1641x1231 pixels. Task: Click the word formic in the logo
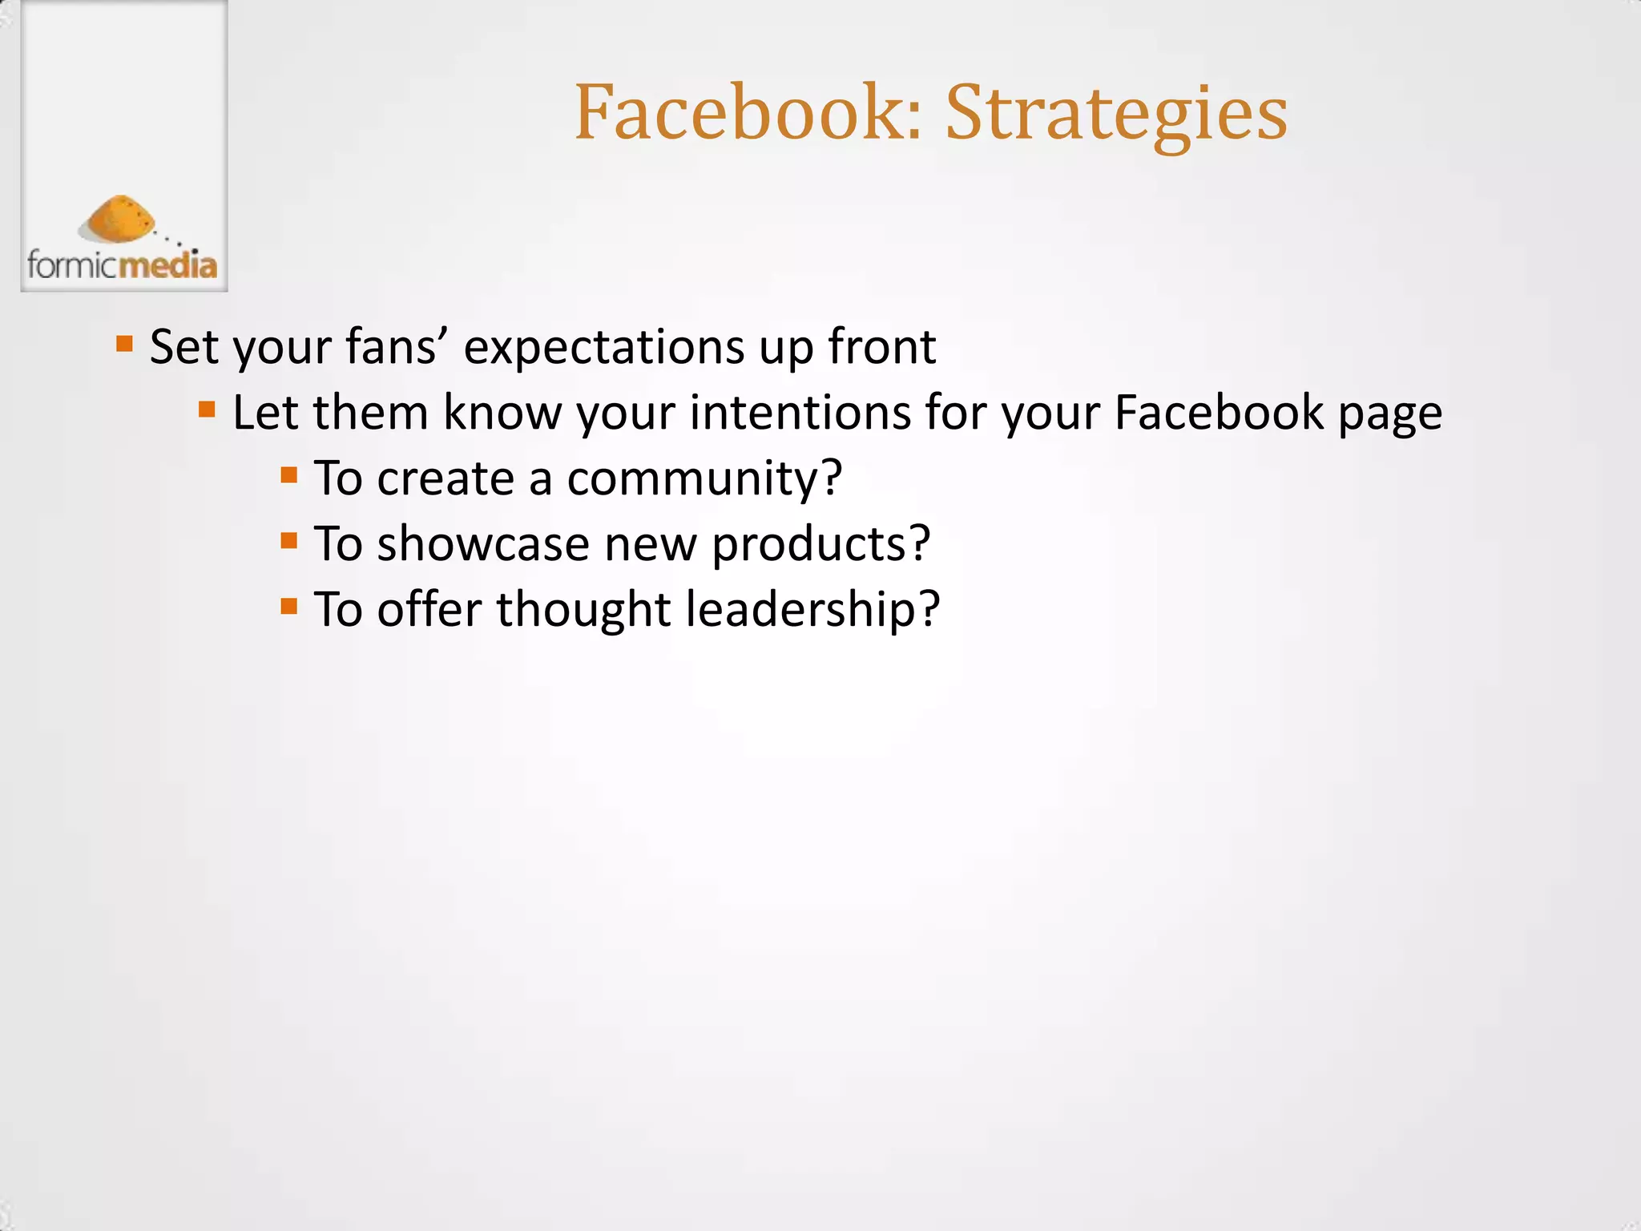pos(73,264)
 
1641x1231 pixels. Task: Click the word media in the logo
pos(168,264)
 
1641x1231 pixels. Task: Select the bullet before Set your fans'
pos(124,345)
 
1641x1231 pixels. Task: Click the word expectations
pos(604,348)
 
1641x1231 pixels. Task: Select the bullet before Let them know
pos(207,410)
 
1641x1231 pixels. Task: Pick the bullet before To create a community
pos(289,476)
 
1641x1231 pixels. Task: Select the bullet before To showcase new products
pos(289,542)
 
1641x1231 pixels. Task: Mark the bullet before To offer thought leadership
pos(289,607)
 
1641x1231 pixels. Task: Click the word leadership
pos(801,609)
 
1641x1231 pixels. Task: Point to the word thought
pos(583,609)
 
